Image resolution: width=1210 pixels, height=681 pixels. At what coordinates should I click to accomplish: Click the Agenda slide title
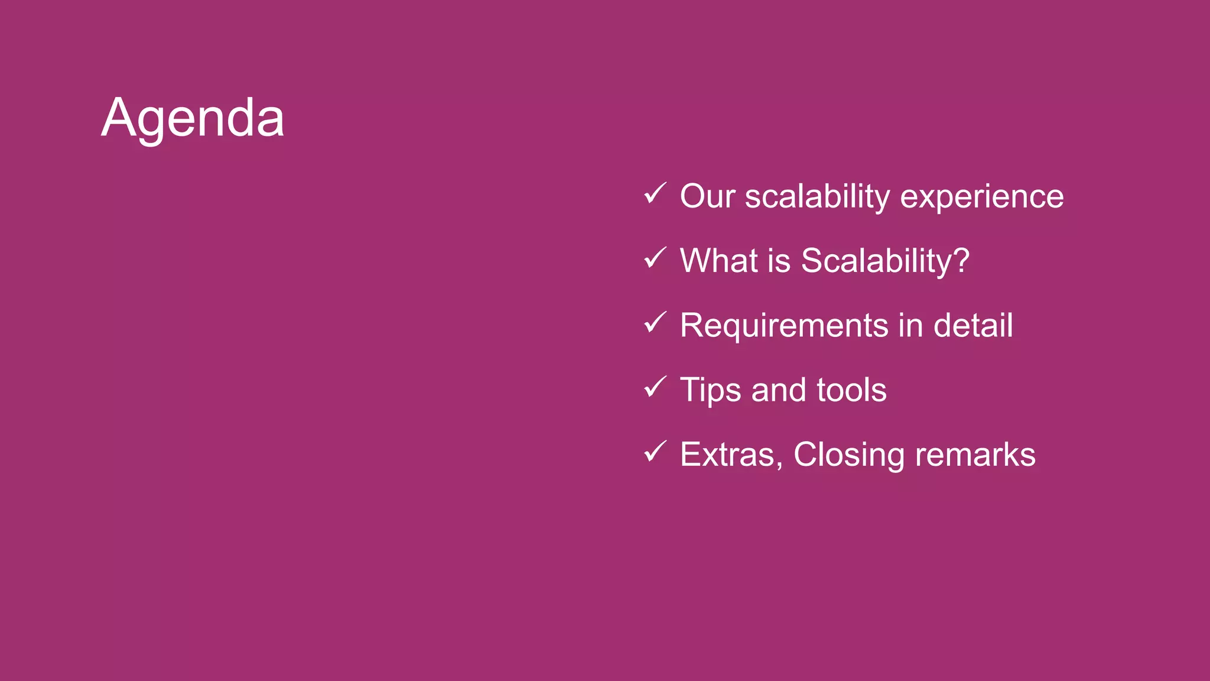click(193, 118)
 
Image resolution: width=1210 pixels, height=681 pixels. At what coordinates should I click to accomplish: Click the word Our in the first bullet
click(707, 196)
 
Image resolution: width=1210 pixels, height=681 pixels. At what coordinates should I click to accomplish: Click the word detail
click(973, 325)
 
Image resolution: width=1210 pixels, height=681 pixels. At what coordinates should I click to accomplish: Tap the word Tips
click(710, 391)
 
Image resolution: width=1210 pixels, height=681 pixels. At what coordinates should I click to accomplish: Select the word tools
click(851, 390)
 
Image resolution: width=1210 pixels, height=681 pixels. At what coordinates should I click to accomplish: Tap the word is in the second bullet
click(779, 261)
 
